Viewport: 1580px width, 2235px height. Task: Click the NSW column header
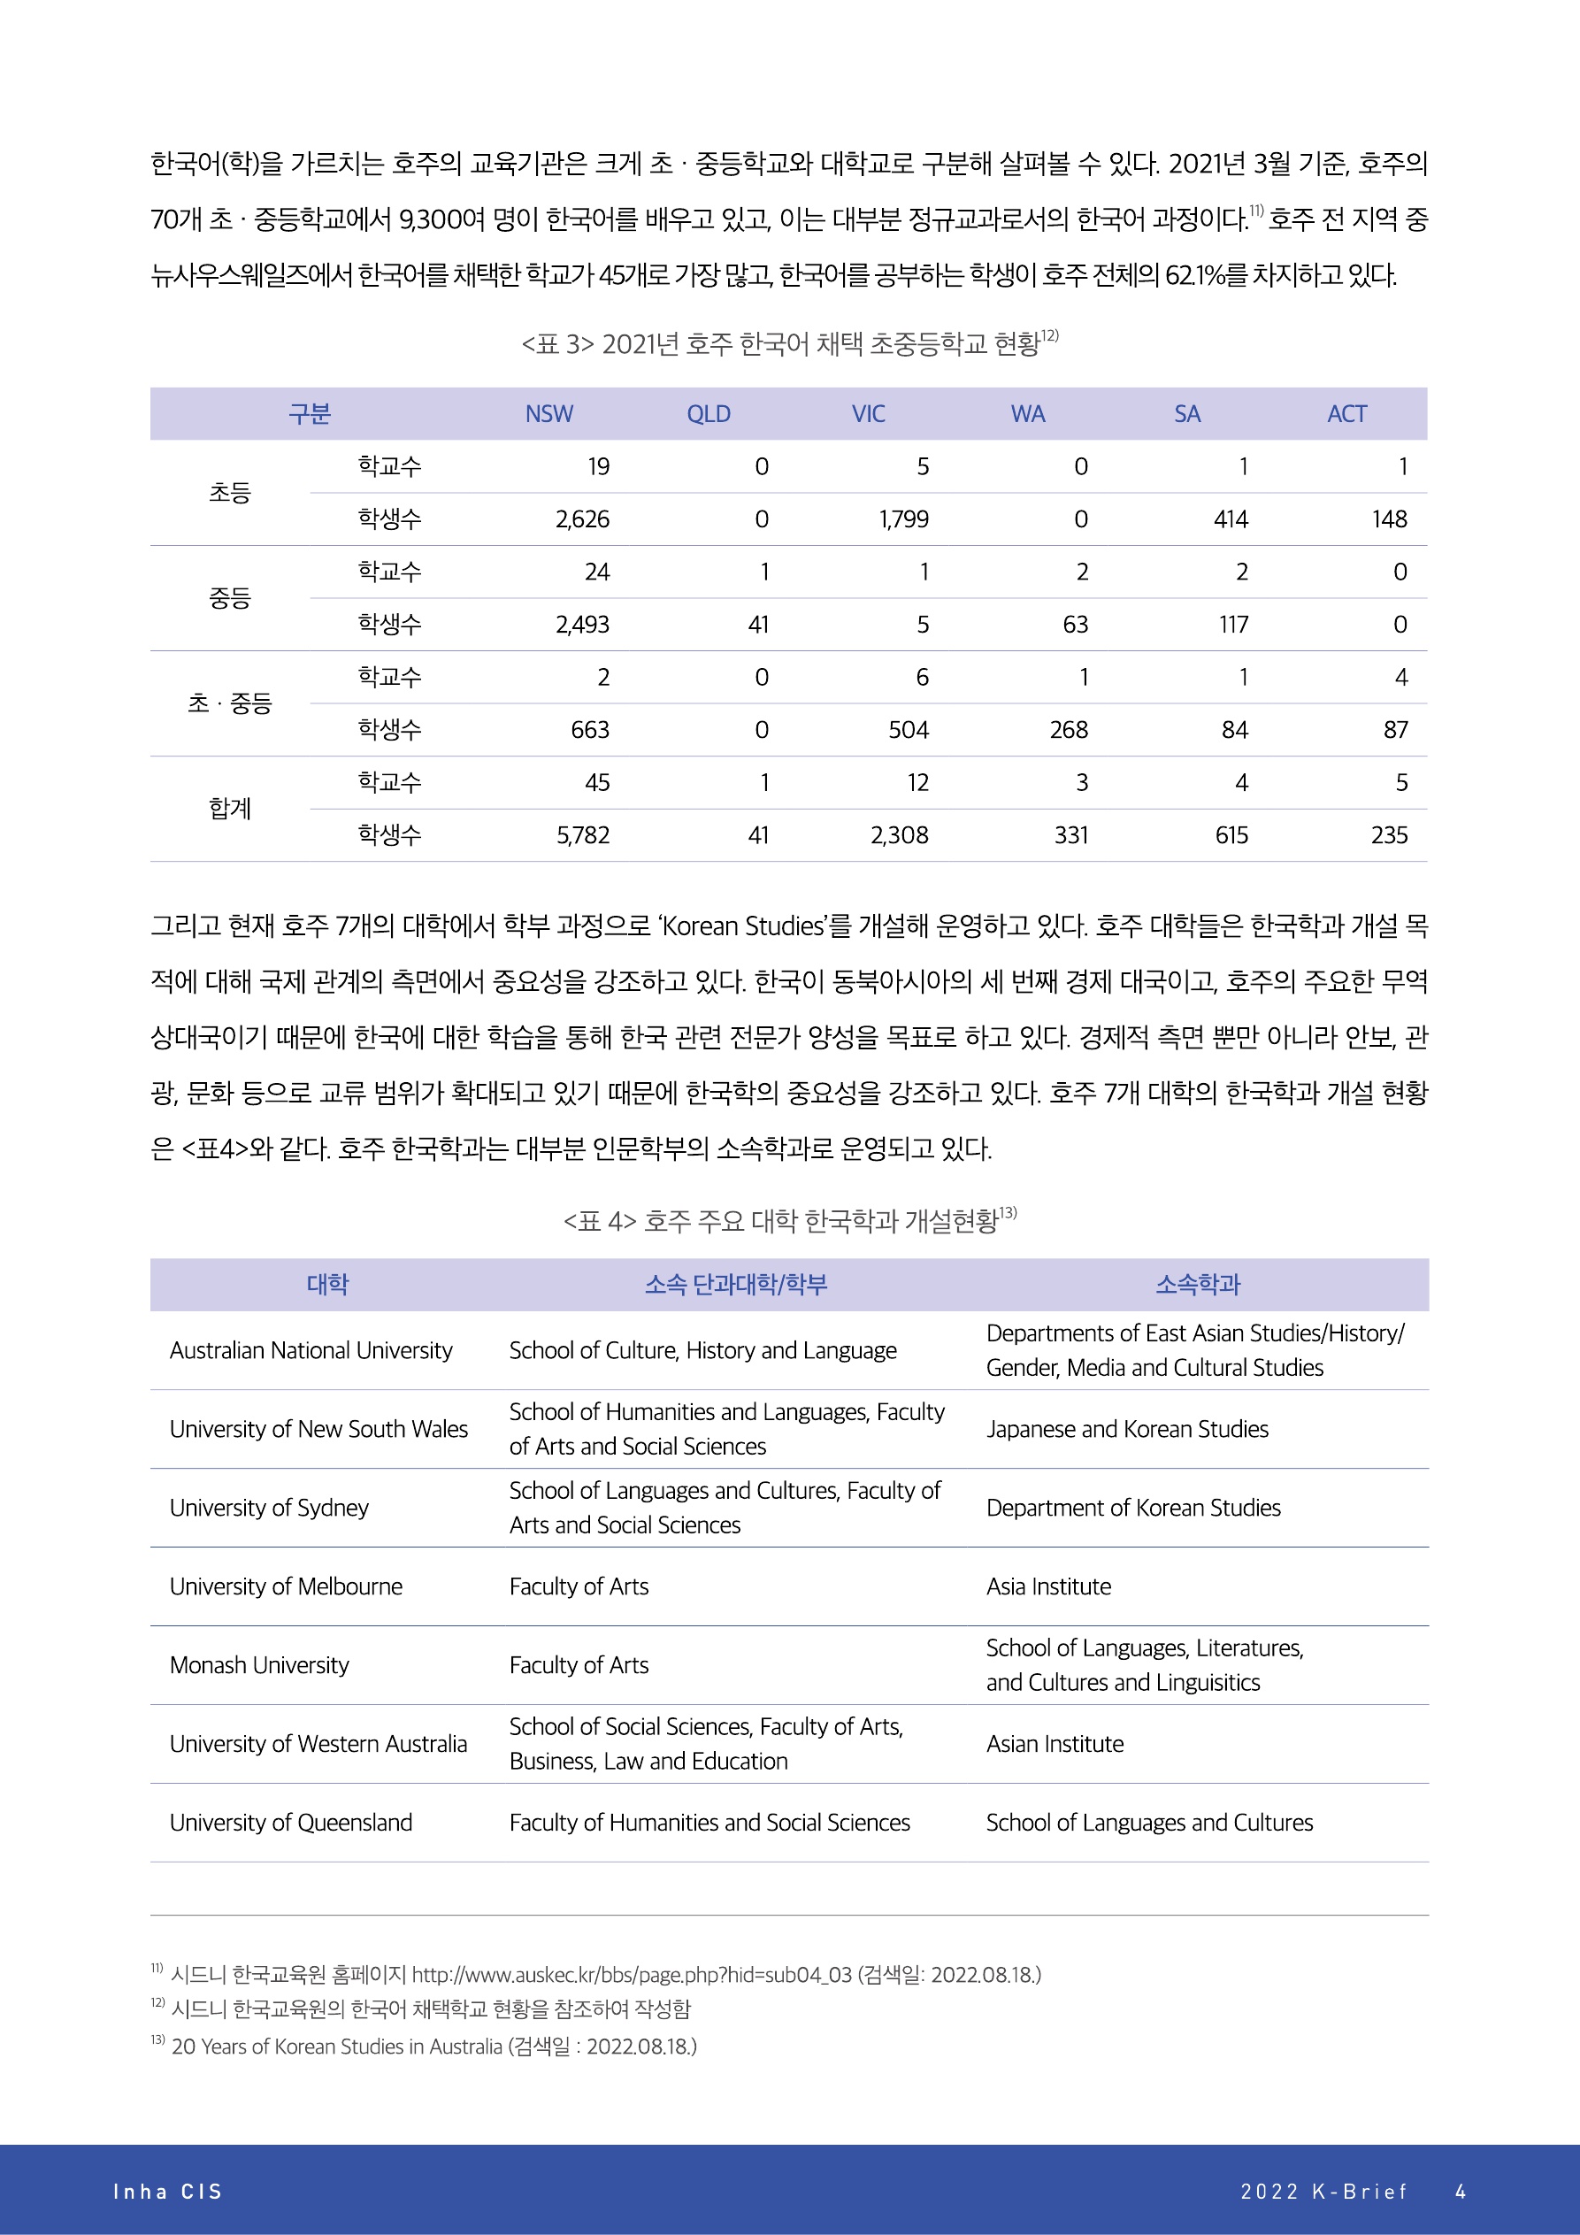(x=549, y=414)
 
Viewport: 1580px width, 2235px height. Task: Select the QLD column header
(x=708, y=414)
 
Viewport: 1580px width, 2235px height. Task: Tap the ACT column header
(x=1346, y=414)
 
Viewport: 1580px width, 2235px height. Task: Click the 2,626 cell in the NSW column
(x=582, y=519)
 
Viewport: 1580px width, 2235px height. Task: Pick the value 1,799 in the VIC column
(x=903, y=519)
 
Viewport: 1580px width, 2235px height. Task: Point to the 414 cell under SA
(x=1231, y=519)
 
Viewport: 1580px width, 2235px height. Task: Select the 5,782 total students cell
(x=582, y=835)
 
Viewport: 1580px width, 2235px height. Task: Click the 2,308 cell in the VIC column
(x=900, y=835)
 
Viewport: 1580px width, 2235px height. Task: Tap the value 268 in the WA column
(x=1069, y=730)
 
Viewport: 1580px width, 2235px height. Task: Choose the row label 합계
(x=230, y=809)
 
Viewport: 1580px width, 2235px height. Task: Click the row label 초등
(x=230, y=494)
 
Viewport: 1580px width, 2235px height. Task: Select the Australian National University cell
(x=311, y=1350)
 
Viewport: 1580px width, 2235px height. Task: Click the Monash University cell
(x=259, y=1664)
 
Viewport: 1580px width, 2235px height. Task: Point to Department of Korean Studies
(x=1133, y=1508)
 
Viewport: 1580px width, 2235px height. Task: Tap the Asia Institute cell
(x=1048, y=1586)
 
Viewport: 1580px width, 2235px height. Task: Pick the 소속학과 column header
(x=1198, y=1285)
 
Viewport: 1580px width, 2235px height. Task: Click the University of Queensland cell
(x=291, y=1823)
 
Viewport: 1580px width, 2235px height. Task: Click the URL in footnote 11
(x=631, y=1974)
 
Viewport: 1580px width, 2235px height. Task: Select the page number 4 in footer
(x=1461, y=2191)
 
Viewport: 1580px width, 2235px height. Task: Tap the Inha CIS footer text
(x=167, y=2191)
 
